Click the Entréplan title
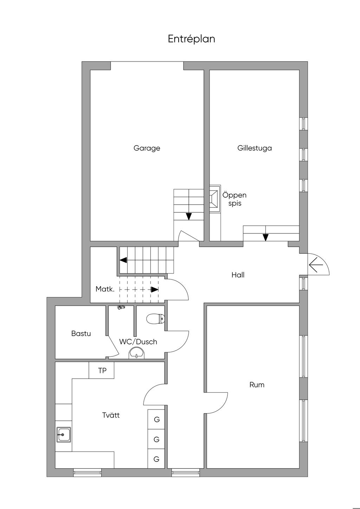(x=191, y=39)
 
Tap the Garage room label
(x=147, y=148)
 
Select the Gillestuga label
(x=255, y=148)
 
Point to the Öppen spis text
(x=234, y=199)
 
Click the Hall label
(x=238, y=275)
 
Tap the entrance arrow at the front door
(x=316, y=265)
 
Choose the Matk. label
(x=105, y=289)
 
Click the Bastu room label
(x=81, y=334)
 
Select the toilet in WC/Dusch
(x=155, y=319)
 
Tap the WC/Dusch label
(x=138, y=342)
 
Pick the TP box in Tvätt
(x=101, y=371)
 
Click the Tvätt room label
(x=111, y=415)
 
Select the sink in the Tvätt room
(x=64, y=434)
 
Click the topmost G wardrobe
(x=156, y=419)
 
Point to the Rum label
(x=257, y=385)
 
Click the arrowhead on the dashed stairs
(x=155, y=290)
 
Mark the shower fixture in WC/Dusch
(x=121, y=307)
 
